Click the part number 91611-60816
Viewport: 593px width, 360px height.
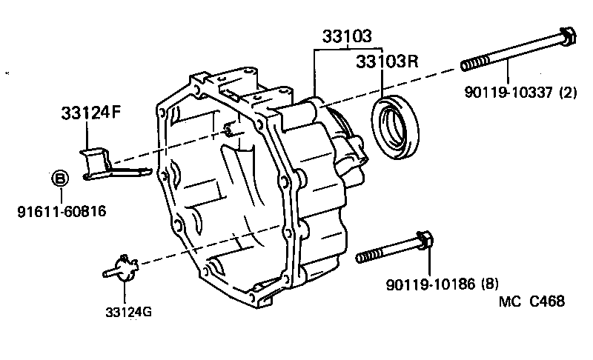61,212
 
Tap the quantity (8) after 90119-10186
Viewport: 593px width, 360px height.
489,283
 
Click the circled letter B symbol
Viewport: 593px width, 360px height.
60,179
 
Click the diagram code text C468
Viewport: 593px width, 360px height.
546,301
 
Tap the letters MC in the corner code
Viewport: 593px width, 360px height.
508,301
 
